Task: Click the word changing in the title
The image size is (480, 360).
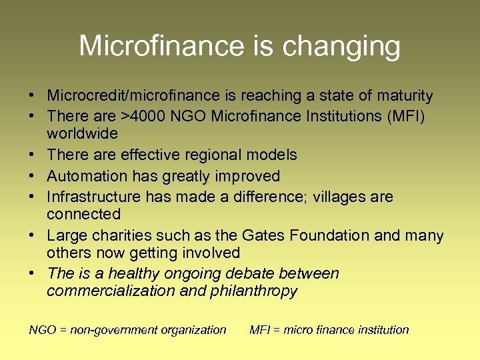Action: coord(341,47)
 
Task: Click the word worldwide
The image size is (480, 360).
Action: coord(82,133)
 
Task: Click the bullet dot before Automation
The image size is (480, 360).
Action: coord(32,177)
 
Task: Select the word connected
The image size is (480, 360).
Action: coord(83,214)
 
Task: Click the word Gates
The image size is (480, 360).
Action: coord(280,235)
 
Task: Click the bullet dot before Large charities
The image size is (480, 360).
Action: coord(32,236)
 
